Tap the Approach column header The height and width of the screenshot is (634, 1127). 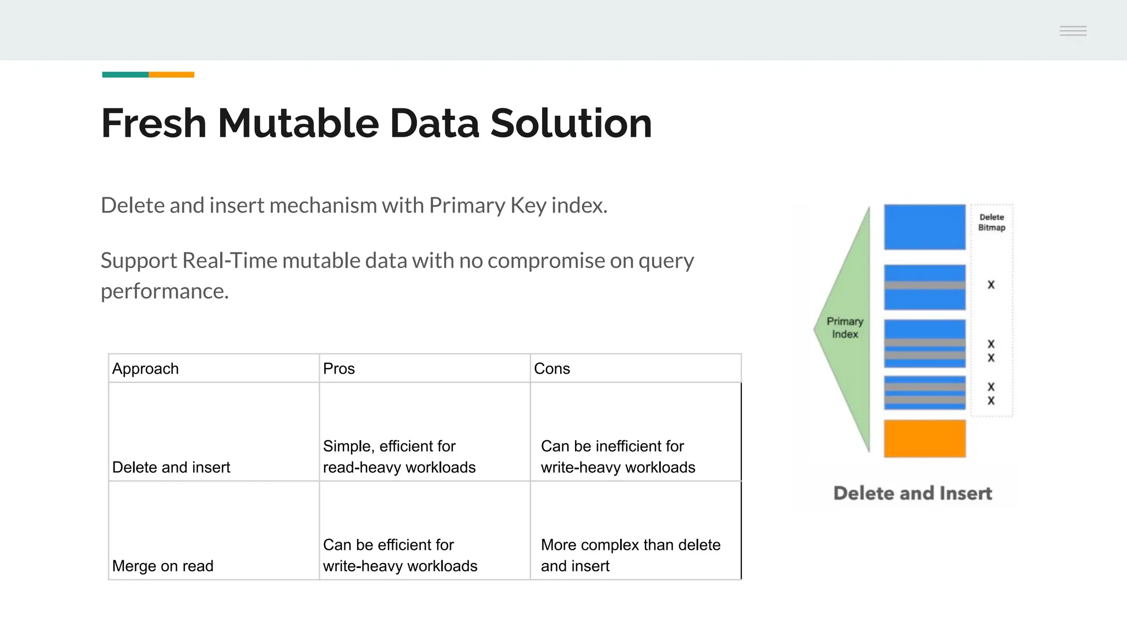tap(145, 369)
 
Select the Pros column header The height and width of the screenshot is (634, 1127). tap(338, 369)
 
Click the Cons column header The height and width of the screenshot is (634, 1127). tap(551, 369)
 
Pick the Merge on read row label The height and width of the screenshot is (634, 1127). tap(162, 566)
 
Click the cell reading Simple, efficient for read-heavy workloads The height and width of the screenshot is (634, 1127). tap(399, 456)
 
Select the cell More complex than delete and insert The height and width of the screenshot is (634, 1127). tap(630, 555)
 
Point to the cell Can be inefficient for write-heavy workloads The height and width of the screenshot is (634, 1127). tap(617, 456)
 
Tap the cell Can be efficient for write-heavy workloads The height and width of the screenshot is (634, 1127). tap(400, 555)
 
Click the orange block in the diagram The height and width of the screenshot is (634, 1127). tap(924, 439)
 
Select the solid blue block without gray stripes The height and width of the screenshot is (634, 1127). tap(924, 227)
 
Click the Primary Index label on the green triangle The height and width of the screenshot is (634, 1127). tap(845, 327)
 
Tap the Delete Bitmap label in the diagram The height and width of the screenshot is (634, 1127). tap(992, 222)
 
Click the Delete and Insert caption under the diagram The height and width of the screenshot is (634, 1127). tap(912, 493)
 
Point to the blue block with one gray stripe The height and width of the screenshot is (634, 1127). tap(924, 287)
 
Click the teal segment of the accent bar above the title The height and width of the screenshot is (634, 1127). tap(125, 74)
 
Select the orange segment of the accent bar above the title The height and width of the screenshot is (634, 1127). tap(171, 74)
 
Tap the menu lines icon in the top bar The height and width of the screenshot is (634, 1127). tap(1073, 31)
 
